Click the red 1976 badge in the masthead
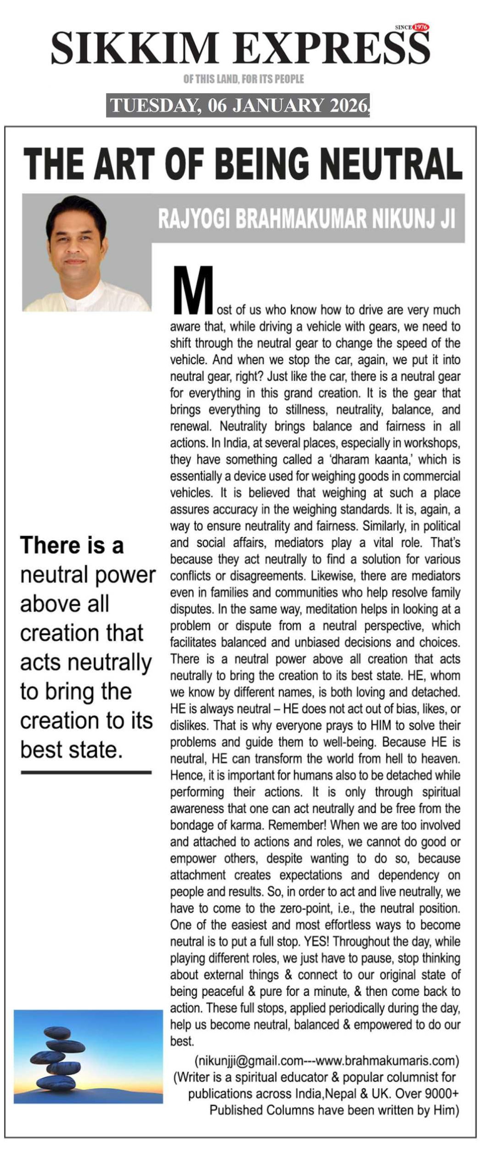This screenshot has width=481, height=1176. point(420,27)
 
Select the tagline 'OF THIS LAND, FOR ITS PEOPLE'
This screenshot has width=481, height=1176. point(243,79)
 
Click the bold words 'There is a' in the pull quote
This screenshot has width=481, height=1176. point(72,545)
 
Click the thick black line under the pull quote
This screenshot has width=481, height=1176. point(86,773)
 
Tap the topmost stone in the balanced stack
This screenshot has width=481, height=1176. point(57,1033)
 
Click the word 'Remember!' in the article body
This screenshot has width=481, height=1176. point(297,825)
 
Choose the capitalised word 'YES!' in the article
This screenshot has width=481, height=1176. point(316,941)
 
